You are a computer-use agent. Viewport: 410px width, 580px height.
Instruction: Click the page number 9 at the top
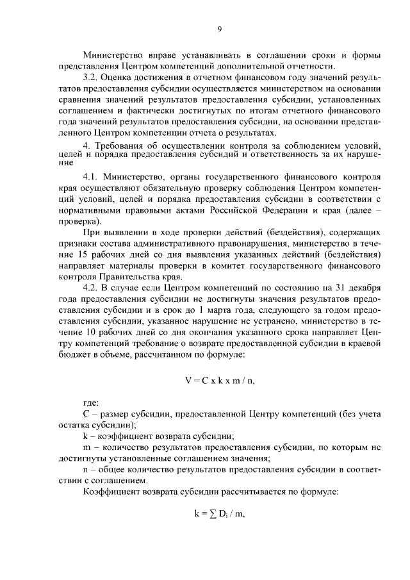point(219,28)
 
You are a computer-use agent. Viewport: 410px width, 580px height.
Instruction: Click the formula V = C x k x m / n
point(219,379)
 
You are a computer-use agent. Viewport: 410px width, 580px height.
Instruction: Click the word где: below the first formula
point(92,404)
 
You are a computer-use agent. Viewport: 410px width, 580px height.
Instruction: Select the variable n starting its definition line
point(85,470)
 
